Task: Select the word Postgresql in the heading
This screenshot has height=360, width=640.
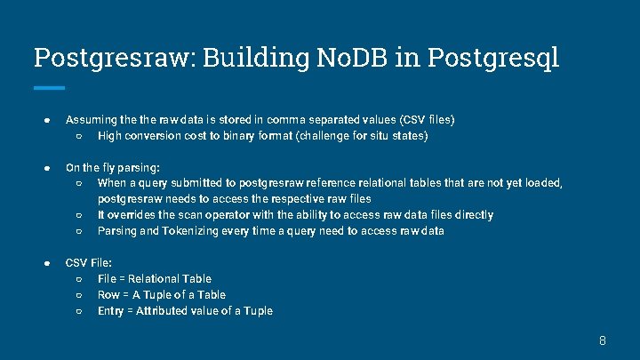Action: click(493, 58)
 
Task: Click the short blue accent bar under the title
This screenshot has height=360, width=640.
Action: click(49, 87)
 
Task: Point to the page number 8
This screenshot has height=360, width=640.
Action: click(602, 340)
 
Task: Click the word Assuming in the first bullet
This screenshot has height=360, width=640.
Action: click(89, 119)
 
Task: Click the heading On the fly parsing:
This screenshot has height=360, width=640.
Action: click(113, 167)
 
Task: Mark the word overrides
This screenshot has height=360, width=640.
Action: click(131, 215)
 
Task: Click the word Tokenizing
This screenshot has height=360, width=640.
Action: click(196, 231)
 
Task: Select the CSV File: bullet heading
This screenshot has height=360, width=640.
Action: click(89, 263)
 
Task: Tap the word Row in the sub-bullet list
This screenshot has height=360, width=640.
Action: click(108, 295)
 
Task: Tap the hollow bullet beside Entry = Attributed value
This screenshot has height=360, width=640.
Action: click(79, 311)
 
